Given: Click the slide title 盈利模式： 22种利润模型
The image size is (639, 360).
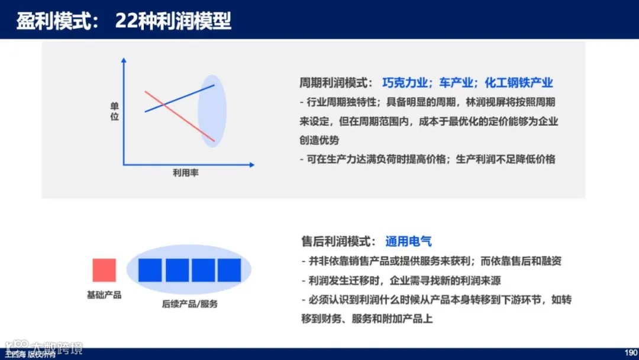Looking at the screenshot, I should pos(124,21).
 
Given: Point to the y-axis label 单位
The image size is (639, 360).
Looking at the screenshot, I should pos(115,111).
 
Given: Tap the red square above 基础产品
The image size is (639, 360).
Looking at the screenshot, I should pos(104,270).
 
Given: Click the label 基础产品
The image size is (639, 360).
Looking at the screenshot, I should pos(104,294).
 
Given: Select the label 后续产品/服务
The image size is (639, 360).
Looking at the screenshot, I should pos(189,304).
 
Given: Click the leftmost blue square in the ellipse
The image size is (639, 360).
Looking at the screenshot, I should pos(150,270).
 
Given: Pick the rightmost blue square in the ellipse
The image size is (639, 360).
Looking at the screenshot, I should pos(229,270).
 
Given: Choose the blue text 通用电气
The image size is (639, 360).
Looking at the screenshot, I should pos(408,241).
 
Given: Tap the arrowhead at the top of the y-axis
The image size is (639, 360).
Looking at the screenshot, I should pos(124,60).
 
